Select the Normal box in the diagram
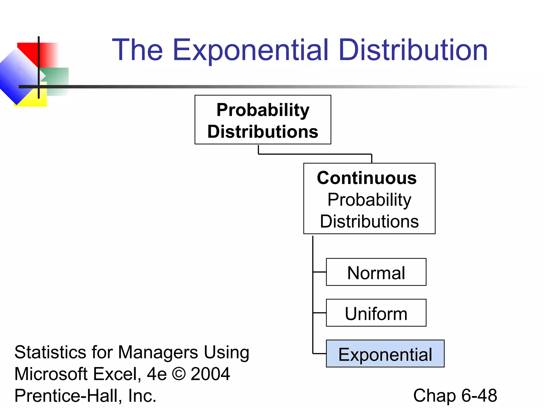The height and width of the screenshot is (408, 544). click(376, 272)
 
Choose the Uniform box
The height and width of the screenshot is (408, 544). click(376, 313)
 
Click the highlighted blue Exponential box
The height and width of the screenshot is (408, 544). click(385, 354)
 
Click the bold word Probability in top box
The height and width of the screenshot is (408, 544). click(263, 110)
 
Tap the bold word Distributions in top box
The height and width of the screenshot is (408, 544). click(263, 131)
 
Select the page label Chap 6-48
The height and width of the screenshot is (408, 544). click(455, 395)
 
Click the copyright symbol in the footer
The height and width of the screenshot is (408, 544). click(179, 374)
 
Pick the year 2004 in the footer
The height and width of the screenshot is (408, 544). click(210, 374)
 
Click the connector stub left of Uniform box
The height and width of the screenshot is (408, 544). click(320, 313)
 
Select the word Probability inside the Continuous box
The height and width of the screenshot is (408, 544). click(369, 199)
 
